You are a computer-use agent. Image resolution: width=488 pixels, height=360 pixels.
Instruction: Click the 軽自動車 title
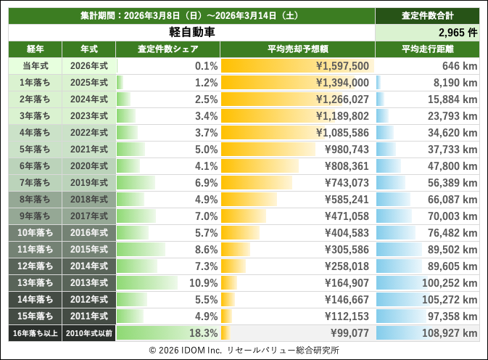tap(191, 33)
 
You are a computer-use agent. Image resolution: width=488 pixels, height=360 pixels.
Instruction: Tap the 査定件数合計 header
tap(427, 15)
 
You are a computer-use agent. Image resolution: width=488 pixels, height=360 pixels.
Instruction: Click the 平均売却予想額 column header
tap(297, 49)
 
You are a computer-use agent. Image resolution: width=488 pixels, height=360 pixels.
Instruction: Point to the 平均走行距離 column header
tap(427, 49)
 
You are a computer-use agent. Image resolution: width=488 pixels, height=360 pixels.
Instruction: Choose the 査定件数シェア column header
tap(168, 49)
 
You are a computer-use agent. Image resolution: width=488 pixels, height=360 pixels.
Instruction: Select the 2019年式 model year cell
tap(88, 182)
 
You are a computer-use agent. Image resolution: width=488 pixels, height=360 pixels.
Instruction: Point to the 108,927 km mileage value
tap(449, 332)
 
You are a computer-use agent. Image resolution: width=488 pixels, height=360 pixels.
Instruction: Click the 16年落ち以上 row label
tap(36, 332)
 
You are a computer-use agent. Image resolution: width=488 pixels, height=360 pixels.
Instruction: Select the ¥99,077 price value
tap(349, 332)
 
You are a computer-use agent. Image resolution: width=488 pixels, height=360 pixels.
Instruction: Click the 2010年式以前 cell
tap(88, 332)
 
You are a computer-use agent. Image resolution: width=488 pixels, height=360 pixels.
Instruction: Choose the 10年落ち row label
tap(36, 232)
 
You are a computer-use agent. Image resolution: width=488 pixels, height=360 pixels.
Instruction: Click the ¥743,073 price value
tap(345, 182)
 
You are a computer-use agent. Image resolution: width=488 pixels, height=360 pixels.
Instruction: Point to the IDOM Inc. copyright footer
tap(244, 349)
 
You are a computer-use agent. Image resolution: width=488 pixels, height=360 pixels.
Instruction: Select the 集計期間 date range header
tap(191, 15)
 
